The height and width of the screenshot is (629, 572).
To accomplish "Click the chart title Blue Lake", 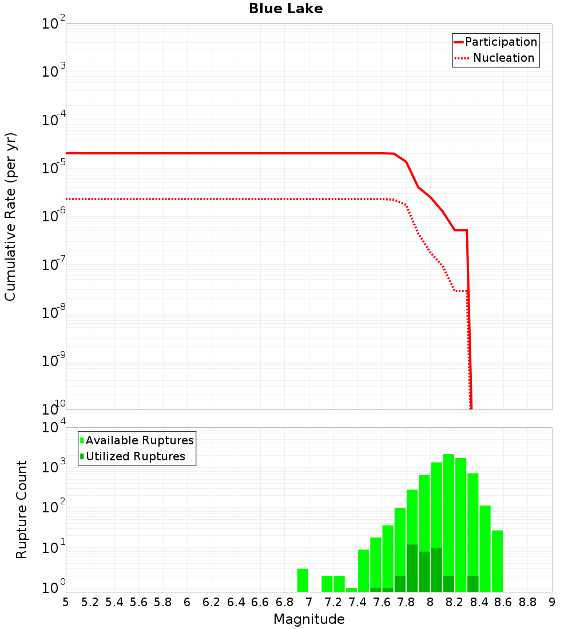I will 285,9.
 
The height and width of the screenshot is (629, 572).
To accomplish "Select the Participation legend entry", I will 495,42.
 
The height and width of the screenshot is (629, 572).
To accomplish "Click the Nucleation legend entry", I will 495,58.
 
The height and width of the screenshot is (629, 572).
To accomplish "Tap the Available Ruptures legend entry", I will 137,441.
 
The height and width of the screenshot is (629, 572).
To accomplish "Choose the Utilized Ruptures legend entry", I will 133,457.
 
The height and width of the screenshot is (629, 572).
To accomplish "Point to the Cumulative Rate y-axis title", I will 10,216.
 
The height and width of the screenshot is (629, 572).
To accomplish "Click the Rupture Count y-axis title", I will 22,509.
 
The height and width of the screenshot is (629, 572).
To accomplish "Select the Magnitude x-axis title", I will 309,619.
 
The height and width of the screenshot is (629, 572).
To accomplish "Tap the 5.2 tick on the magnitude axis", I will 90,602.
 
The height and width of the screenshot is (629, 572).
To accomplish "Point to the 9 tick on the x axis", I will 551,602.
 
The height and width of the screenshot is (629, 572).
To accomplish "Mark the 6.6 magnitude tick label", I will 260,602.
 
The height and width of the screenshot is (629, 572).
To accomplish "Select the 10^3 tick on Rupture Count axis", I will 54,467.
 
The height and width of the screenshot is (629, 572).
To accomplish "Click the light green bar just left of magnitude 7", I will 303,580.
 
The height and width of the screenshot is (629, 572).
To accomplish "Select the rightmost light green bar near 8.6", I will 497,561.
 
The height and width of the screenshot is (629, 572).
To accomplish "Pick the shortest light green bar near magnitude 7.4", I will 351,590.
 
